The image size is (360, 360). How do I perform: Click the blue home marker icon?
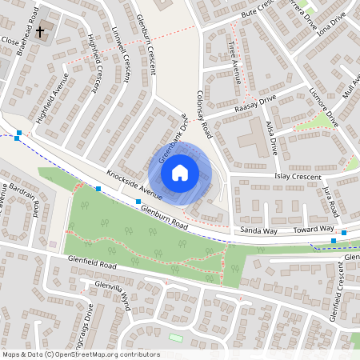coord(180,172)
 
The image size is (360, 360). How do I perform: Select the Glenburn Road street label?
coord(162,218)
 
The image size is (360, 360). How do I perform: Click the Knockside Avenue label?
coord(135,185)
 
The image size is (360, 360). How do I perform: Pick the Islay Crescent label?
coord(297,177)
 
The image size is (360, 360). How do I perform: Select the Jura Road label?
coord(329,201)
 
